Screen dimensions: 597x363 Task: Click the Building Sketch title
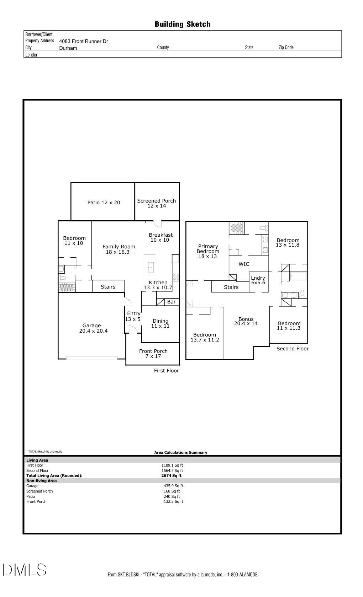click(182, 24)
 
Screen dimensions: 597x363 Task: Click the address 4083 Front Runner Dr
click(83, 41)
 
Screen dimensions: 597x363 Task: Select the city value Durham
click(68, 48)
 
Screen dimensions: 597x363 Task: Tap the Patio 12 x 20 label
click(104, 203)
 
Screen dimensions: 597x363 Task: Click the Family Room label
click(119, 249)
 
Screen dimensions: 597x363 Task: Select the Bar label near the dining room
click(171, 302)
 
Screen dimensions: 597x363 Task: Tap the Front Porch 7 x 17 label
click(153, 353)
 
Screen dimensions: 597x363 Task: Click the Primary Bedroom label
click(208, 251)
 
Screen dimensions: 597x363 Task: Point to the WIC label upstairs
click(244, 264)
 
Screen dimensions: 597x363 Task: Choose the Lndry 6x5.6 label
click(258, 280)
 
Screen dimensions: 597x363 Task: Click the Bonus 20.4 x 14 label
click(246, 321)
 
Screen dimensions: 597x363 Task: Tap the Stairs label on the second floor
click(231, 287)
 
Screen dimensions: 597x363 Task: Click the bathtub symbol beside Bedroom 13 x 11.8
click(298, 276)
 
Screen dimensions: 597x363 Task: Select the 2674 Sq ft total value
click(171, 475)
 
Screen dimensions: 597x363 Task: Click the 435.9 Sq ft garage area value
click(173, 486)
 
